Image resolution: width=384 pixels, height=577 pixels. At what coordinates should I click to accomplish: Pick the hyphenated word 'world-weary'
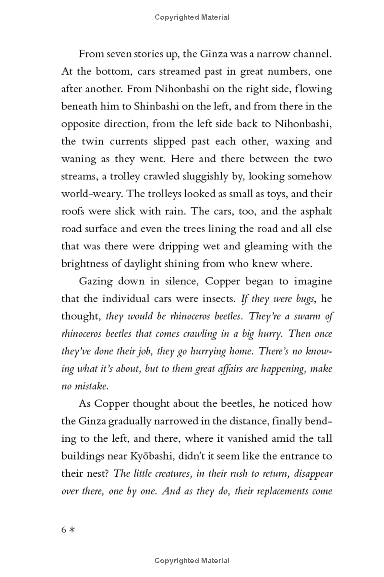[91, 194]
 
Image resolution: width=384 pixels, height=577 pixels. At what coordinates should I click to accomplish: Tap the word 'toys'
[272, 194]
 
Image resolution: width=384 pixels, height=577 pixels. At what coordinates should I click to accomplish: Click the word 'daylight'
[180, 264]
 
